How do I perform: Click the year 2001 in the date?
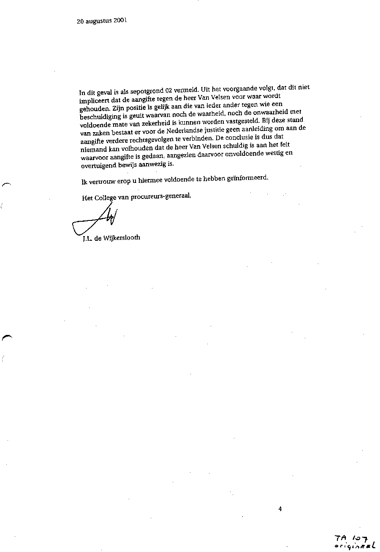(x=120, y=20)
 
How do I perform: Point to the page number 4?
(x=280, y=509)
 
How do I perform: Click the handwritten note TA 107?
(x=351, y=538)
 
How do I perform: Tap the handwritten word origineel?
(x=354, y=546)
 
